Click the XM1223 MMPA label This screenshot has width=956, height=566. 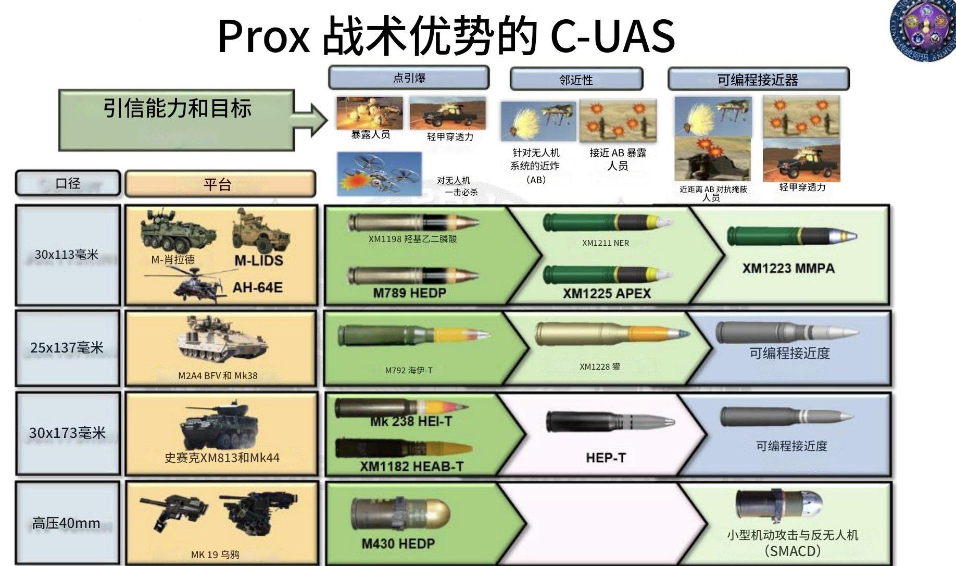tap(788, 269)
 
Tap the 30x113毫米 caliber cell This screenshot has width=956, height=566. tap(67, 255)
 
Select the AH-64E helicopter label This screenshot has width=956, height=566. tap(257, 287)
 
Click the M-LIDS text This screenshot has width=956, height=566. tap(259, 261)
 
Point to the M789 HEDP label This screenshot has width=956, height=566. tap(409, 293)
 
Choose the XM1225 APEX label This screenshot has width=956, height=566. tap(607, 294)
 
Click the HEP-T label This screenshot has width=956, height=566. tap(606, 458)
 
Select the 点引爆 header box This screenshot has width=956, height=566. tap(409, 78)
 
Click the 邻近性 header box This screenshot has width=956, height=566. tap(576, 80)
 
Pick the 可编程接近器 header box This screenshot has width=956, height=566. tap(758, 80)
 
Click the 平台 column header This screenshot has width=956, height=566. tap(220, 184)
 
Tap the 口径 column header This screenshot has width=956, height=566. tap(68, 184)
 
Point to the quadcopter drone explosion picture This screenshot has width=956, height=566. tap(379, 174)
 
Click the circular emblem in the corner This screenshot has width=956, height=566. tap(923, 30)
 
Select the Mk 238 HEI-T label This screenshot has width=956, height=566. tap(411, 422)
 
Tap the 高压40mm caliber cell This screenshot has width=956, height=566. tap(67, 523)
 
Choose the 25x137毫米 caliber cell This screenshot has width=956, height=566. tap(67, 348)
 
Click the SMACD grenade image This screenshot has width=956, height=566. tap(779, 506)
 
